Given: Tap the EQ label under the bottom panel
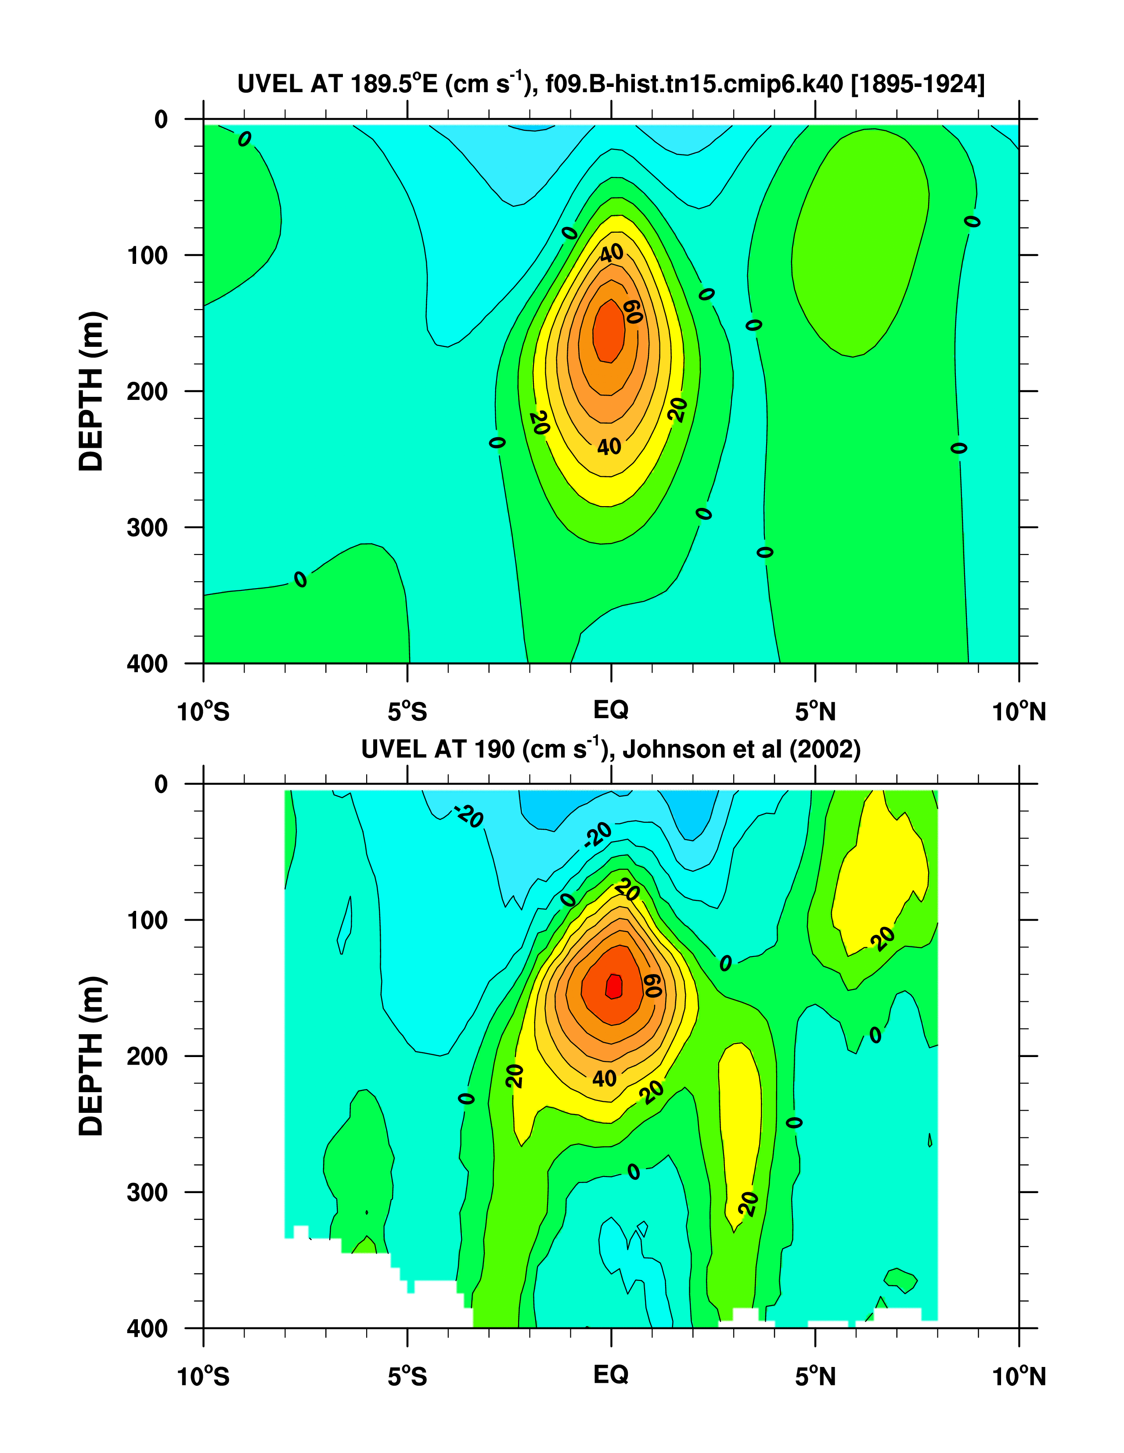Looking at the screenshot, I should pyautogui.click(x=611, y=1374).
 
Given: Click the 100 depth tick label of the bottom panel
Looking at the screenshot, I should pyautogui.click(x=147, y=921).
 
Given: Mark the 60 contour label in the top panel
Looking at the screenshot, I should pyautogui.click(x=633, y=311).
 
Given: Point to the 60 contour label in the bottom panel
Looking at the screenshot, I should pyautogui.click(x=652, y=986).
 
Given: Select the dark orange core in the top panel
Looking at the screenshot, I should pyautogui.click(x=609, y=331).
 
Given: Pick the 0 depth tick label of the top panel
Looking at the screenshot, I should pyautogui.click(x=161, y=120).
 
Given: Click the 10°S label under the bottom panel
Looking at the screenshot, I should pyautogui.click(x=203, y=1376).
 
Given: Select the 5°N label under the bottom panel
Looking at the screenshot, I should pyautogui.click(x=815, y=1376).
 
